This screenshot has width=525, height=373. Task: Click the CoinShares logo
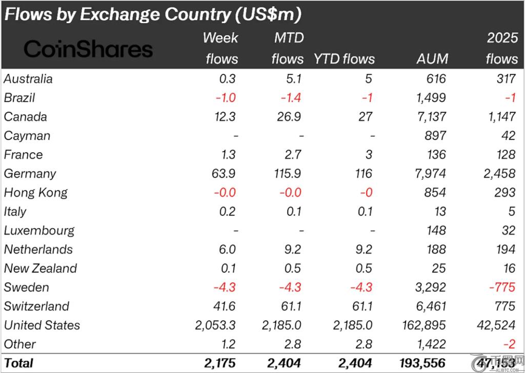point(88,49)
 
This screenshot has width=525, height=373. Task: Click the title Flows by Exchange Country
point(152,14)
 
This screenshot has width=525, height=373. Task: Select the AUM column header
point(432,59)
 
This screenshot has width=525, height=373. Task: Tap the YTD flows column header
point(344,59)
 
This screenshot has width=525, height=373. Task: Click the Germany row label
point(30,174)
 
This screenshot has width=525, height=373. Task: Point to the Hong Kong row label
point(35,193)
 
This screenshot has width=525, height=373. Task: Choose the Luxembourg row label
point(39,231)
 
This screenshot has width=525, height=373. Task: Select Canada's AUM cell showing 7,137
point(430,117)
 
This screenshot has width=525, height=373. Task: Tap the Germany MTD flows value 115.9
point(287,174)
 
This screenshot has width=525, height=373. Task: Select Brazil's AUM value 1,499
point(430,98)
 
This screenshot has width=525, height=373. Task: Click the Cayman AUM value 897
point(435,136)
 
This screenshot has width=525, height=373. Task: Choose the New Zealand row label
point(41,268)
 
